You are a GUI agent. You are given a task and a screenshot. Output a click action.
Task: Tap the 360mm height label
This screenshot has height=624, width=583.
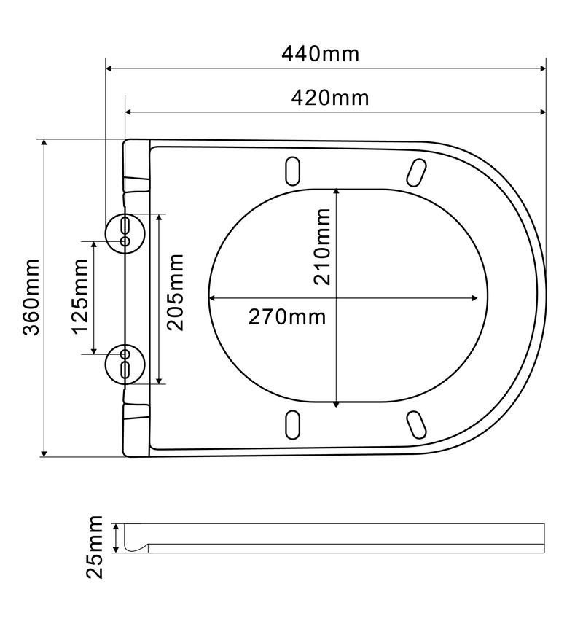pyautogui.click(x=31, y=297)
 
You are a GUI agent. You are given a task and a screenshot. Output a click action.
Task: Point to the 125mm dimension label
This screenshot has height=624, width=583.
pyautogui.click(x=79, y=297)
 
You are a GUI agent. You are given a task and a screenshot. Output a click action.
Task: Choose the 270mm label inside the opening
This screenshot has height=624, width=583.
pyautogui.click(x=287, y=316)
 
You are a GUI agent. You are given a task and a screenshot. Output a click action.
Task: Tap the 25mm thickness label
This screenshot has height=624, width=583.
pyautogui.click(x=95, y=546)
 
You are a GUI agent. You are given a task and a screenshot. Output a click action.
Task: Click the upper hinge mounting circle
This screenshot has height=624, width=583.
pyautogui.click(x=125, y=231)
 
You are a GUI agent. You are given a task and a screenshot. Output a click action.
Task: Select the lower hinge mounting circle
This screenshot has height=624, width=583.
pyautogui.click(x=125, y=363)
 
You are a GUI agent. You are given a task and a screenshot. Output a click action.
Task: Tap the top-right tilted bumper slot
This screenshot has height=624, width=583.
pyautogui.click(x=416, y=172)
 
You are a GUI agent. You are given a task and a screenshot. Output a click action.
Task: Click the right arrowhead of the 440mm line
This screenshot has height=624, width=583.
pyautogui.click(x=542, y=69)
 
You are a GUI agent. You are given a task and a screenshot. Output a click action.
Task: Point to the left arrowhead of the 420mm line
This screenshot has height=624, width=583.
pyautogui.click(x=129, y=112)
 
